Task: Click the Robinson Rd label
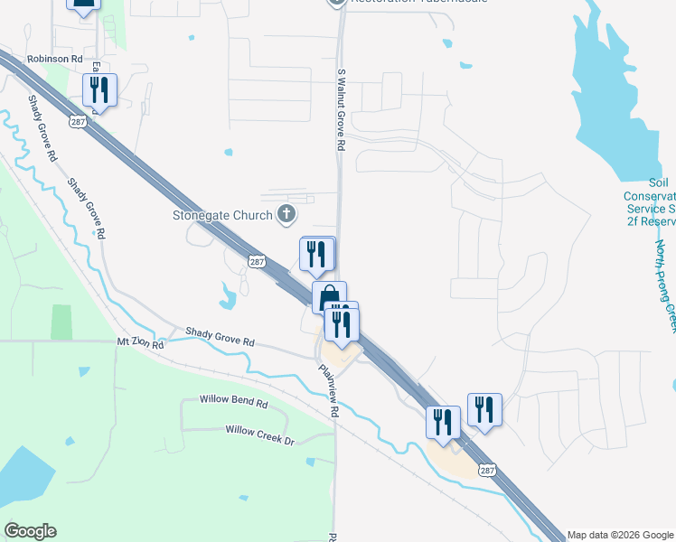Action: coord(54,59)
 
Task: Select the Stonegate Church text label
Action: coord(222,215)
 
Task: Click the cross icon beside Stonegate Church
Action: coord(286,214)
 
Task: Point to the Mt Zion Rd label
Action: coord(140,344)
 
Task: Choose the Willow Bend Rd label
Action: coord(234,402)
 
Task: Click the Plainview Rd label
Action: coord(327,390)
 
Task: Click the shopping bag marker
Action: coord(329,295)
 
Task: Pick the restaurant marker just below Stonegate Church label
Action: coord(316,253)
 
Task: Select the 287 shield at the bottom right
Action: coord(488,470)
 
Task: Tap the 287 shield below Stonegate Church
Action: coord(256,260)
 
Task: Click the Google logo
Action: coord(30,531)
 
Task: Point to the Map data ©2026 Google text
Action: coord(620,535)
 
